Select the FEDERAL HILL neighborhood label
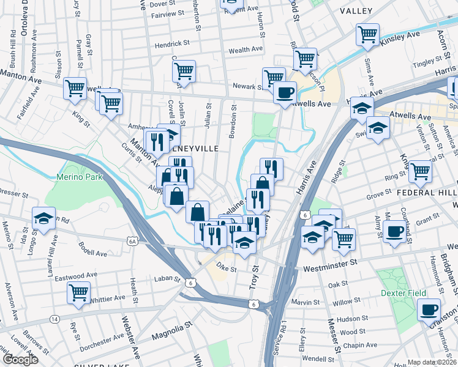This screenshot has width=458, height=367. point(426,191)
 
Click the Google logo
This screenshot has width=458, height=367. point(20,360)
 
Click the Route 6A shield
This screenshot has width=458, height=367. point(132,242)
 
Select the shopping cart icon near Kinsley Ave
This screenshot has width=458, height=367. point(367,34)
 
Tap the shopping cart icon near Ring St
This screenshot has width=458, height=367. point(420,171)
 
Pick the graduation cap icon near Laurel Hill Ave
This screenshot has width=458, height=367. point(45,218)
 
